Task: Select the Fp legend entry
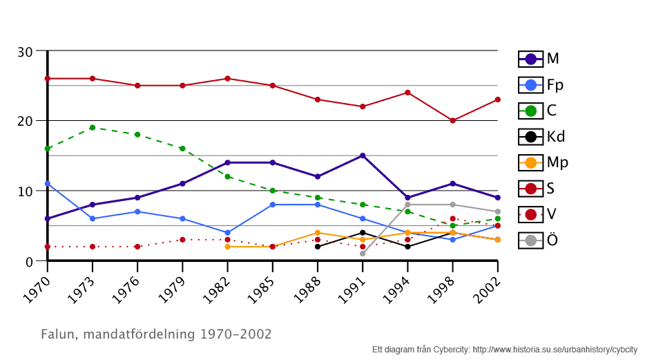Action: point(540,85)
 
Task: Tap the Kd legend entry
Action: point(541,137)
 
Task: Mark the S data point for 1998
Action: point(452,120)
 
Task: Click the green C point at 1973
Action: point(93,127)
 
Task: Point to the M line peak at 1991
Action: point(363,155)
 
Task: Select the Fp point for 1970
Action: point(48,184)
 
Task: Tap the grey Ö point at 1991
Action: point(363,254)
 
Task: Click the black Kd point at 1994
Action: point(407,247)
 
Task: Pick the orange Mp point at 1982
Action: point(227,247)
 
